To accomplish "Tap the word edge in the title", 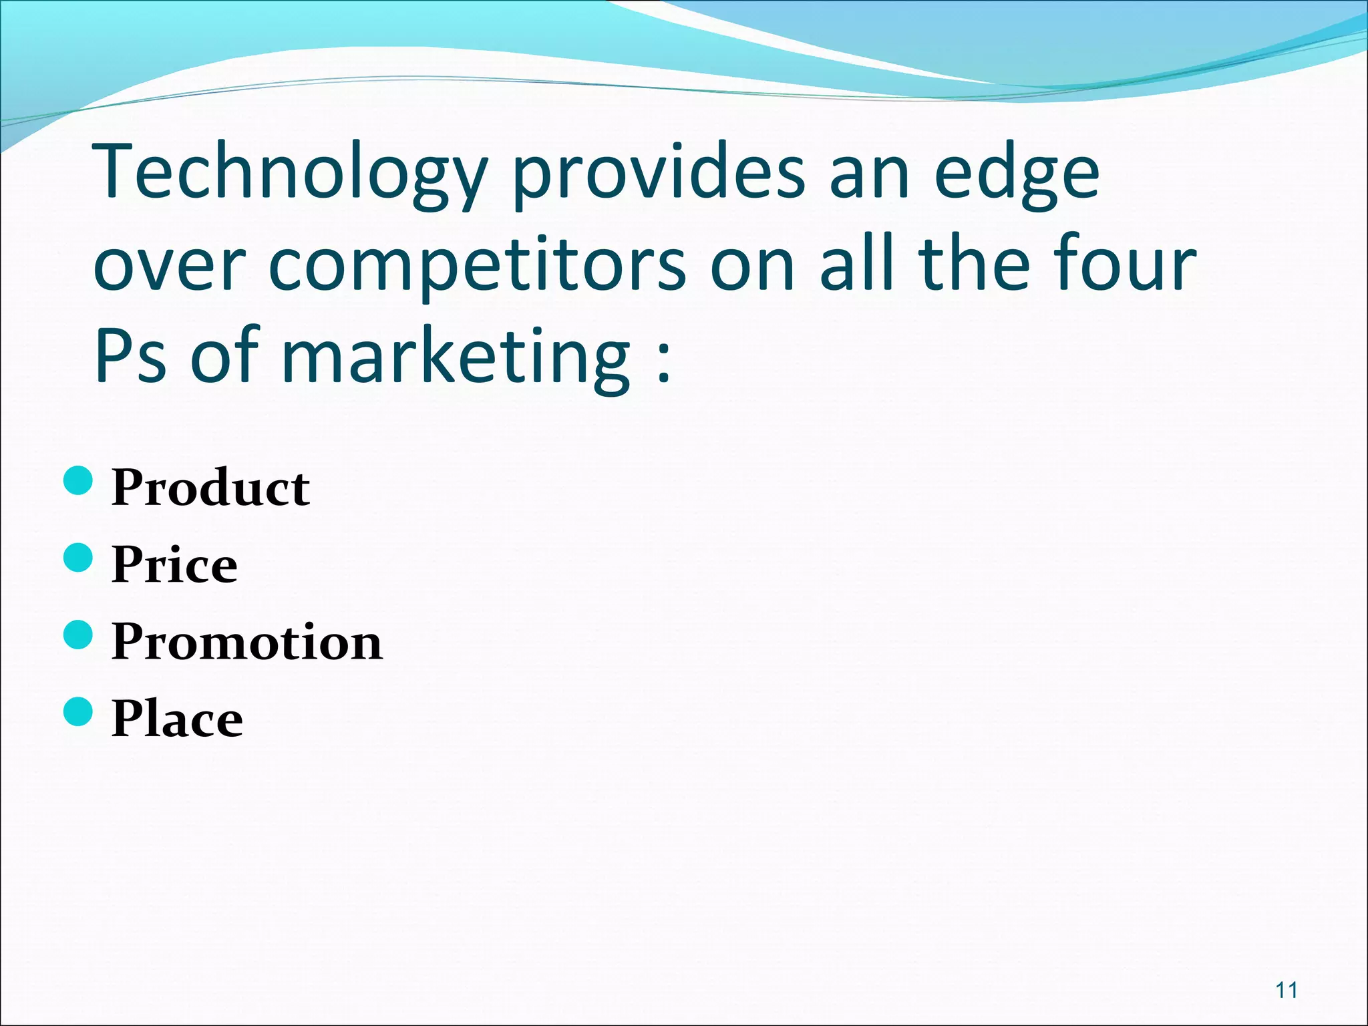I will click(1016, 175).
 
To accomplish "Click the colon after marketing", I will click(663, 364).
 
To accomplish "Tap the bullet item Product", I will click(210, 487).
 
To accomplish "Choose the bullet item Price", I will click(174, 564).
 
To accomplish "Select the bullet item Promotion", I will click(247, 641).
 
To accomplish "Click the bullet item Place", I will click(177, 719).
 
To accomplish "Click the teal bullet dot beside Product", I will click(79, 481).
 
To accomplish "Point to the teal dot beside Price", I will click(79, 558).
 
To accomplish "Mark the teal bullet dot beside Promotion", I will click(79, 635).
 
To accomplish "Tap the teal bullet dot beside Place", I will click(79, 711).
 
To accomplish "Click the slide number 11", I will click(1287, 990).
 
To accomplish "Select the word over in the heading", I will click(168, 267).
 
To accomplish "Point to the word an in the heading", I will click(869, 175).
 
